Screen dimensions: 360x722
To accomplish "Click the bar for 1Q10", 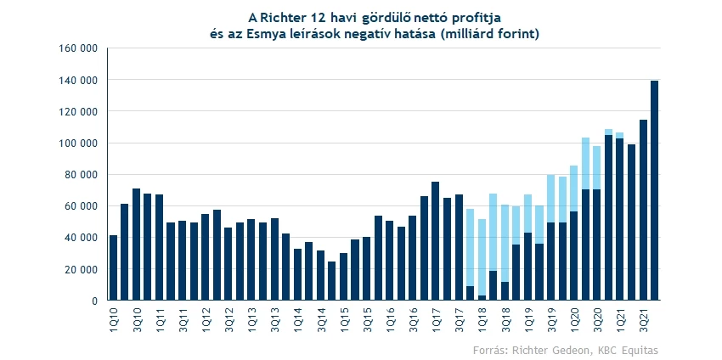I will [114, 267].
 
